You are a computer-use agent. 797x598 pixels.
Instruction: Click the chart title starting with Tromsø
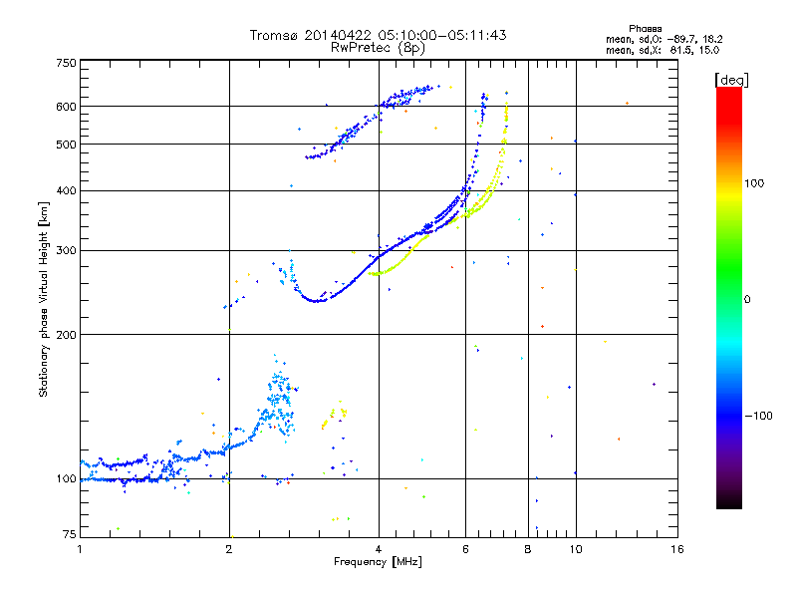[x=378, y=35]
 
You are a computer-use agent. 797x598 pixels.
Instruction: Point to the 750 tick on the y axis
[x=66, y=62]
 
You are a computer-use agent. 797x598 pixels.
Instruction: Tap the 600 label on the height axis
[x=66, y=106]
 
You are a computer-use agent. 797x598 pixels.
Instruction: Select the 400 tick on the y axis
[x=66, y=190]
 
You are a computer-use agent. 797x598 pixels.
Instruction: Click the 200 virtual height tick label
[x=66, y=334]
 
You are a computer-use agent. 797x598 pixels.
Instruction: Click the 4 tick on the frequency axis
[x=379, y=549]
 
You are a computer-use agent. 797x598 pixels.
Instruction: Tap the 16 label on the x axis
[x=676, y=549]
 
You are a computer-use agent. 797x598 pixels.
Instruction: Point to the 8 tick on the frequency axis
[x=528, y=549]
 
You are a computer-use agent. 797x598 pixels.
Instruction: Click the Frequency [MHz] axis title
[x=378, y=562]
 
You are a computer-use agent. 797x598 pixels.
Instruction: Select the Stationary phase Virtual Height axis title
[x=44, y=299]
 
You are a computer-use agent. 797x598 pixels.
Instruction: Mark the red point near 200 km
[x=542, y=326]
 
